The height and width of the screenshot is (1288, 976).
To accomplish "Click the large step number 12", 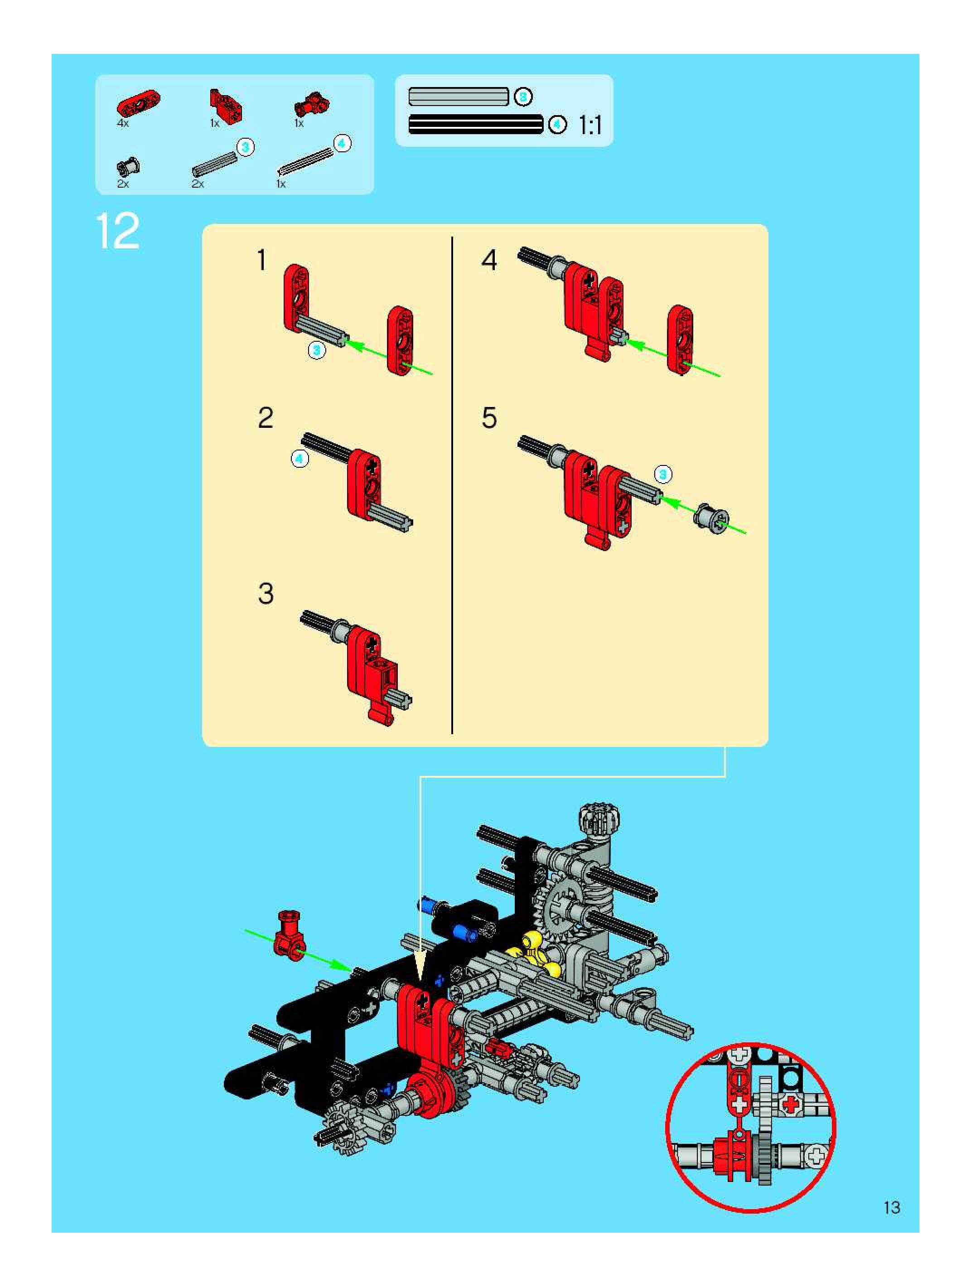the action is coord(118,231).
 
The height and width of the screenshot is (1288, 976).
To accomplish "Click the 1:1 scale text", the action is coord(590,125).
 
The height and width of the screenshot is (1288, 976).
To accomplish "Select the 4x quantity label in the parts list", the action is coord(122,123).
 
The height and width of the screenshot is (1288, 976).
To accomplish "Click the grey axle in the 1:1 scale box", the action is coord(459,97).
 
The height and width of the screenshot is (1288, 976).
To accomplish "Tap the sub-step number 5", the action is coord(489,417).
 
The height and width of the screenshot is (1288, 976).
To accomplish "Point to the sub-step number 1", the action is coord(262,260).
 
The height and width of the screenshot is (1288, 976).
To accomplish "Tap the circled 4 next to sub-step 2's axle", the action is coord(300,459).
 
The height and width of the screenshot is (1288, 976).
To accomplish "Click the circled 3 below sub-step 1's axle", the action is coord(317,350).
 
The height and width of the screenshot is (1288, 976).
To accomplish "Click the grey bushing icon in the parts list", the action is coord(128,168).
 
